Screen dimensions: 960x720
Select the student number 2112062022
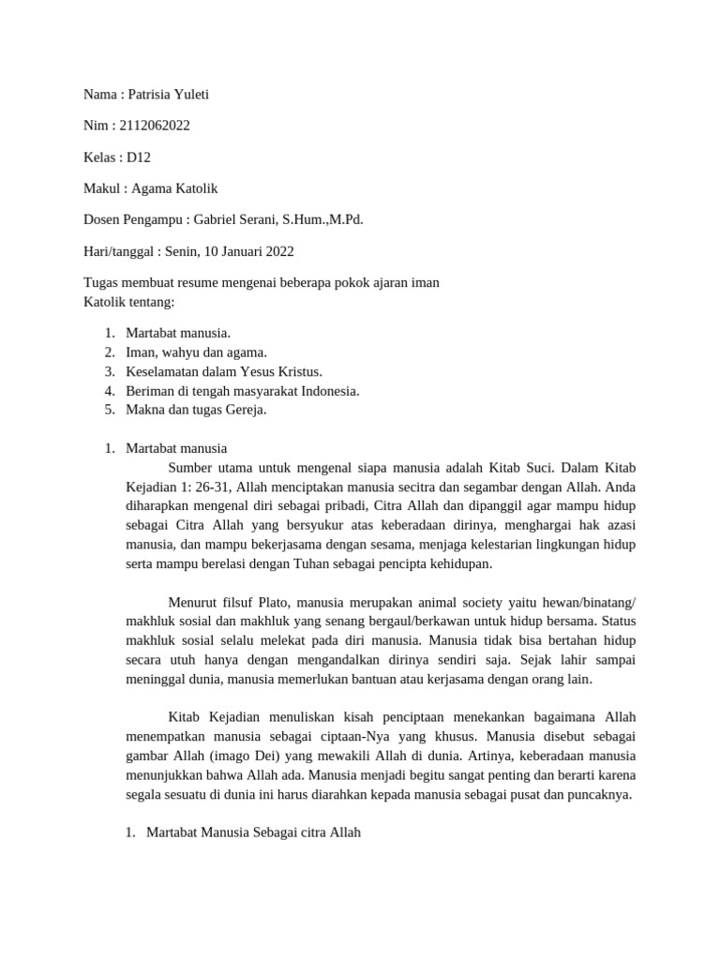tap(155, 126)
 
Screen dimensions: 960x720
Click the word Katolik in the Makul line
tap(194, 188)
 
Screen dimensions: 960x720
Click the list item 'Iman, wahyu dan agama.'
tap(196, 352)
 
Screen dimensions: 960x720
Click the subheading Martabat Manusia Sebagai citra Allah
tap(253, 832)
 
